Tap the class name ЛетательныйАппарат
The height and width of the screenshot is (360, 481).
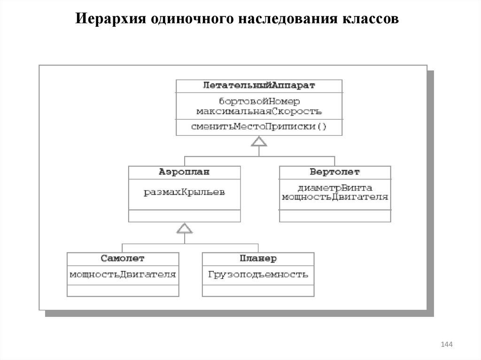click(259, 86)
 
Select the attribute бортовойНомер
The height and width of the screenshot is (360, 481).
click(259, 101)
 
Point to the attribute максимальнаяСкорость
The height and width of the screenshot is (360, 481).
click(259, 111)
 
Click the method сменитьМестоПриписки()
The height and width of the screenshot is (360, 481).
click(259, 127)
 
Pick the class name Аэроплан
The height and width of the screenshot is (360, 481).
click(185, 172)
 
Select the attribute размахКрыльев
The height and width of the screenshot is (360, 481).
click(185, 192)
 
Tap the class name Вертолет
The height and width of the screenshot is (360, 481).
click(335, 172)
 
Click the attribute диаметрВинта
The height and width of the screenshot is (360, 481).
click(335, 188)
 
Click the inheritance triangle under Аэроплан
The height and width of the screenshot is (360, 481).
click(185, 229)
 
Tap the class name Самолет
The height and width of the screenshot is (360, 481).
click(123, 259)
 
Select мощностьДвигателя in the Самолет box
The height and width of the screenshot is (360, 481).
click(123, 274)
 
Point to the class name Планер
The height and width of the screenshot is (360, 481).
click(258, 259)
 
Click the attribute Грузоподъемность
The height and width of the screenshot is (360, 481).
click(258, 274)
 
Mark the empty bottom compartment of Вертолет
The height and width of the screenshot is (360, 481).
click(335, 216)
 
